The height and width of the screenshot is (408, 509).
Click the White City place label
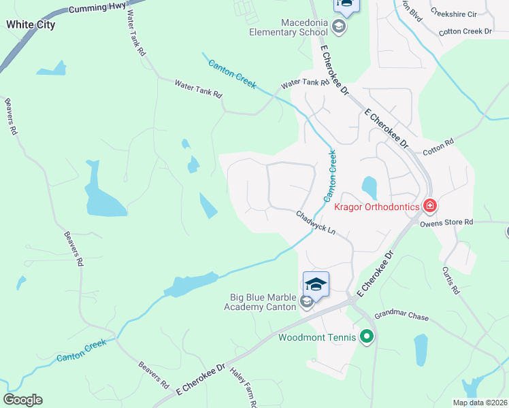[x=31, y=24]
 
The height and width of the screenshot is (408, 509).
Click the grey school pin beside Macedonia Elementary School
[x=340, y=27]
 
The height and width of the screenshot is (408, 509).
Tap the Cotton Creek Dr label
[x=465, y=31]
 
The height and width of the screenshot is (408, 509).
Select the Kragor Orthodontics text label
[x=376, y=205]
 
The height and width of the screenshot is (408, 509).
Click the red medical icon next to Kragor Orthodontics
[x=429, y=205]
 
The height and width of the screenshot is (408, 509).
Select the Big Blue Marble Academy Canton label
[x=261, y=301]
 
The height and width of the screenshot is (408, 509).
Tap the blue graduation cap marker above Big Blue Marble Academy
[x=316, y=283]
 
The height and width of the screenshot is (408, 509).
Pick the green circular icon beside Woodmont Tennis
[x=367, y=336]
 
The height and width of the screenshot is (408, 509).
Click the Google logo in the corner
[x=23, y=400]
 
